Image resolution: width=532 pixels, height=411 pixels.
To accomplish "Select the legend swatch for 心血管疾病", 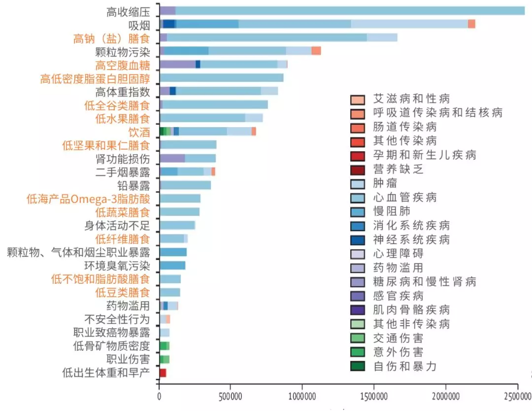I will tap(358, 198).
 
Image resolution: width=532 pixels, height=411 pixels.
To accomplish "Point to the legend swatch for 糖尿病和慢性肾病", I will tap(358, 282).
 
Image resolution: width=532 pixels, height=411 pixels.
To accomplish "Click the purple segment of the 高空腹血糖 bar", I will tap(177, 65).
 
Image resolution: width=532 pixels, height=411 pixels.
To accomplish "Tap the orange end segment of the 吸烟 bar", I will tap(471, 24).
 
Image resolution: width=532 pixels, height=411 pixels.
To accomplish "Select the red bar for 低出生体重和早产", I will tap(163, 373).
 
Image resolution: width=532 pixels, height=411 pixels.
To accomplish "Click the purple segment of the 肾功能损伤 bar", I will tap(172, 158).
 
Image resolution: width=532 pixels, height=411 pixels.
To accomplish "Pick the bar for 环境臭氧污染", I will tap(172, 266).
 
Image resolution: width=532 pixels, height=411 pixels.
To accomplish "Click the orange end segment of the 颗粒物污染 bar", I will tap(316, 51).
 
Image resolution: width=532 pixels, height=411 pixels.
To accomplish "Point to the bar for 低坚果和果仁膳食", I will tap(188, 145).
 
